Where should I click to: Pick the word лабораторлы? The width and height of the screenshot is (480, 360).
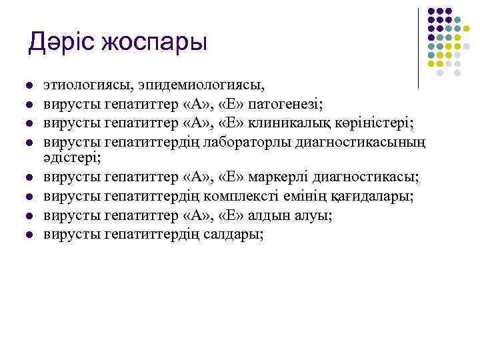click(x=259, y=141)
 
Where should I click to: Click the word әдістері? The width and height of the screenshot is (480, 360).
click(x=72, y=157)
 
